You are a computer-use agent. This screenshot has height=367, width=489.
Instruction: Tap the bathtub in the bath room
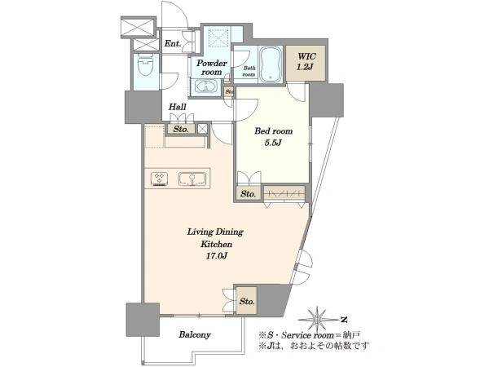pos(271,64)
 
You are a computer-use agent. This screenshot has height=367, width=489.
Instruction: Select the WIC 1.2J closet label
pos(306,61)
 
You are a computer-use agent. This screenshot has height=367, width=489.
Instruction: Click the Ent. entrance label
pos(173,44)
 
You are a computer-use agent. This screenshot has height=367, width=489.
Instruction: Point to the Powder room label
pos(211,68)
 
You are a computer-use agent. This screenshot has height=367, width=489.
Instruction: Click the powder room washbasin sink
pos(206,86)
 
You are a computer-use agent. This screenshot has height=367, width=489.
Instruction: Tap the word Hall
pos(178,107)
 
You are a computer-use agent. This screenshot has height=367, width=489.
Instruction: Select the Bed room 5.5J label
pos(274,137)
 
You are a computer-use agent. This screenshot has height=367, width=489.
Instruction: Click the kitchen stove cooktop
pos(160,179)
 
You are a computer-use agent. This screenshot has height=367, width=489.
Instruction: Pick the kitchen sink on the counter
pos(192,179)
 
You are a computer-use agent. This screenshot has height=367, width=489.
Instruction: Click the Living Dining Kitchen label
pos(215,238)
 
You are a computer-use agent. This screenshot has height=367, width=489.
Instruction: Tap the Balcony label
pos(195,335)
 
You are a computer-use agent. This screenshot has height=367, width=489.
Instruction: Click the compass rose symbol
pos(317,320)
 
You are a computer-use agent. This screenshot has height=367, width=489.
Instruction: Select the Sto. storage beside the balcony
pos(247,301)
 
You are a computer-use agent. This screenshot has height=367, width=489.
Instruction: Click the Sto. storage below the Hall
pos(181,129)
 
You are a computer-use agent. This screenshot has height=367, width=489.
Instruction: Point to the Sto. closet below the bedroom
pos(249,194)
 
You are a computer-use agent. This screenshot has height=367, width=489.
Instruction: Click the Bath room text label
pos(249,72)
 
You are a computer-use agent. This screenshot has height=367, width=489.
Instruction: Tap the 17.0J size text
pos(216,256)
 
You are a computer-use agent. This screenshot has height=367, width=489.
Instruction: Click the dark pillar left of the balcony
pos(143,319)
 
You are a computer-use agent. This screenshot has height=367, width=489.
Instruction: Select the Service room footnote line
pos(310,335)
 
